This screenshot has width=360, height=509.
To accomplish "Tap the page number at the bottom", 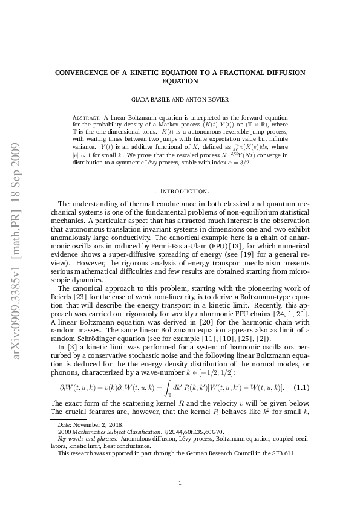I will tap(180, 466).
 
